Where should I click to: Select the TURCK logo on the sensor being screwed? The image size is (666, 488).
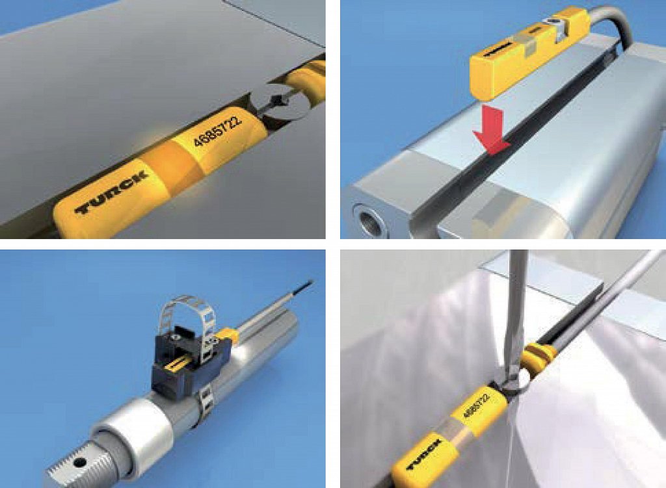(425, 455)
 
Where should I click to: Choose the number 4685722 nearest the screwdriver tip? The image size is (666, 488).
(475, 405)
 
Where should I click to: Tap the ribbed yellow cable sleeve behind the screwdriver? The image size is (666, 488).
(538, 358)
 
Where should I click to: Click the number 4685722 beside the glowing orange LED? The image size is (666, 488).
(217, 130)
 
